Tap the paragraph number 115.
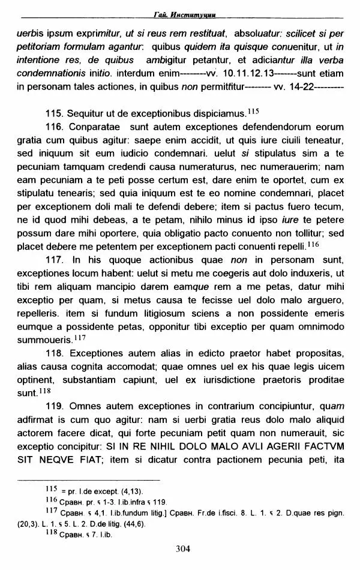point(54,113)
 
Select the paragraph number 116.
point(54,127)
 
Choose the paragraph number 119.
point(54,406)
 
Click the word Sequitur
point(87,113)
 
